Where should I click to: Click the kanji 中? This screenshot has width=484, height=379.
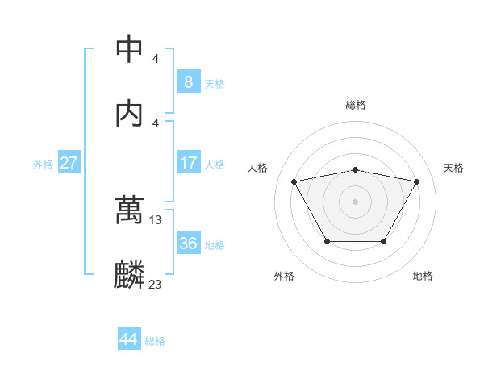[x=130, y=50]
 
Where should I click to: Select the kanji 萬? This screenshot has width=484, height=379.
[x=130, y=210]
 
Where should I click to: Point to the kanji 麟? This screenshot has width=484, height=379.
[x=130, y=274]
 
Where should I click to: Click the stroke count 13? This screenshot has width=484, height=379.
[x=156, y=219]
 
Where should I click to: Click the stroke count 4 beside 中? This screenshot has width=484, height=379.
[x=156, y=59]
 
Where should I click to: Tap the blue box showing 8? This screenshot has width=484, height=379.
[x=188, y=81]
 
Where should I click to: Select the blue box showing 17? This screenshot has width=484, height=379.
[x=188, y=163]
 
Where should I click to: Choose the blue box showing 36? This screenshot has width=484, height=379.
[x=188, y=243]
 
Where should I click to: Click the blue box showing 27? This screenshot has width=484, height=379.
[x=69, y=163]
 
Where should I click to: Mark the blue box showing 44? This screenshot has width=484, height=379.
[x=128, y=339]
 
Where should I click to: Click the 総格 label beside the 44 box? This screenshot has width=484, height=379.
[x=155, y=341]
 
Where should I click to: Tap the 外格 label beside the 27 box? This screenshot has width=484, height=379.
[x=43, y=165]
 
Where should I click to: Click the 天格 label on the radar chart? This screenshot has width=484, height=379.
[x=454, y=168]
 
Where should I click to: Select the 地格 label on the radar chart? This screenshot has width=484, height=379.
[x=423, y=276]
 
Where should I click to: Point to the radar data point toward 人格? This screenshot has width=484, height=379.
[x=294, y=181]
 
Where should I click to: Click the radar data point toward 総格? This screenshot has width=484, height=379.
[x=355, y=169]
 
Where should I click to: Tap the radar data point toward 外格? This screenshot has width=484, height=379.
[x=327, y=241]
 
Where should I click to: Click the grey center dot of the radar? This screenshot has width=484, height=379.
[x=355, y=202]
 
